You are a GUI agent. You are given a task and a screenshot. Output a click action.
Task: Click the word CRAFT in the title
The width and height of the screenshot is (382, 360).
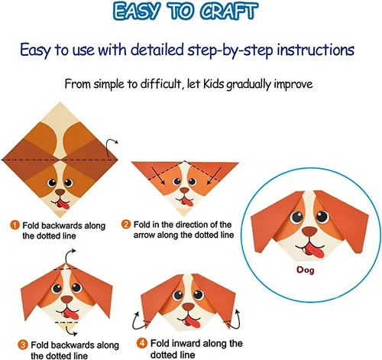[x=228, y=11]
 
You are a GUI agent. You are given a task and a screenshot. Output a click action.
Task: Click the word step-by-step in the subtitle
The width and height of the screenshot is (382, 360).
[x=230, y=50]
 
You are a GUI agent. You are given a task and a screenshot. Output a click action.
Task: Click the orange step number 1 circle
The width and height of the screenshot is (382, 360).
[x=15, y=225]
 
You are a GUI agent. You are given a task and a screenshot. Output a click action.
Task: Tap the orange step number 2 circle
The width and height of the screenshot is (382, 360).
[x=126, y=225]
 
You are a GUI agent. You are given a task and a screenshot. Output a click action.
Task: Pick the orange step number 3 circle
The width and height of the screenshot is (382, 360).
[x=23, y=345]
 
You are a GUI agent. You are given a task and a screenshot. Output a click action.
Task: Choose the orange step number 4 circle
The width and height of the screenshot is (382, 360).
[x=142, y=343]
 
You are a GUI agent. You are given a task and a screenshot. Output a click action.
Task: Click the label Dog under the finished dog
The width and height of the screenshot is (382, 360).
[x=305, y=270]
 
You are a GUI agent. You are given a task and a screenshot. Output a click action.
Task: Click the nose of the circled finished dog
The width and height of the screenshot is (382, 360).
[x=309, y=232]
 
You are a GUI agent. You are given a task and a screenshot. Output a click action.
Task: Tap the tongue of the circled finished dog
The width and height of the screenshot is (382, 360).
[x=315, y=250]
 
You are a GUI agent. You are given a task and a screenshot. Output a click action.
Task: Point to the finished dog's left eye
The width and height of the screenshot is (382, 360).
[x=296, y=217]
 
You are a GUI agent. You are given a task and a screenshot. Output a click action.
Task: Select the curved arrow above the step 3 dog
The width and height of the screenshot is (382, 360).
[x=70, y=256]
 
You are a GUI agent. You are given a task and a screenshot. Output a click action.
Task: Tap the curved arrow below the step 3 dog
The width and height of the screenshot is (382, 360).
[x=71, y=331]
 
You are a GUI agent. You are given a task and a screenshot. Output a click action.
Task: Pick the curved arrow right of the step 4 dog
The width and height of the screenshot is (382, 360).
[x=235, y=319]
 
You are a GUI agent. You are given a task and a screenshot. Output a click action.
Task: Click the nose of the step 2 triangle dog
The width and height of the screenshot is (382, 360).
[x=184, y=190]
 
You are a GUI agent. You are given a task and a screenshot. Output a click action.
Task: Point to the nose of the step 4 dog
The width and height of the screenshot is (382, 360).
[x=188, y=306]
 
